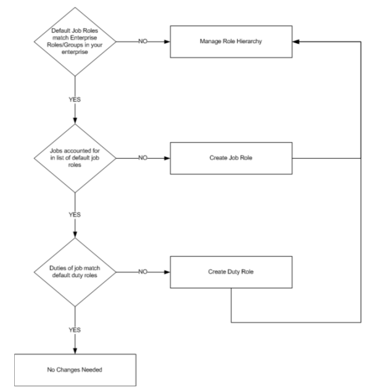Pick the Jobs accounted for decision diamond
(75, 158)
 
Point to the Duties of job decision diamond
(75, 272)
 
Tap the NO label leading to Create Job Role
(143, 158)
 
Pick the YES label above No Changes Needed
(75, 330)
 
